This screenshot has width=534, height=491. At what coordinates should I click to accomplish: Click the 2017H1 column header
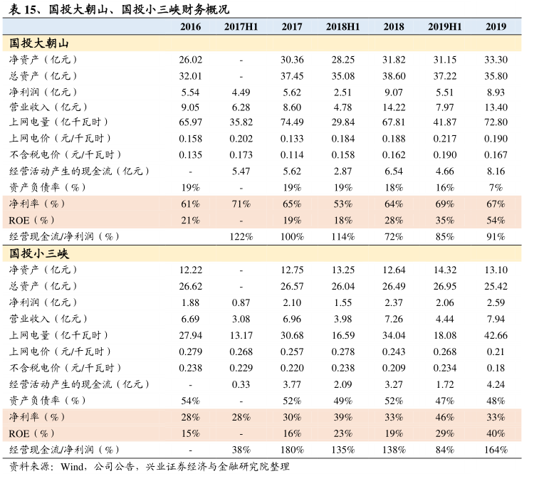point(241,26)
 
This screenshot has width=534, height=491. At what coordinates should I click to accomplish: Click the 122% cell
point(241,236)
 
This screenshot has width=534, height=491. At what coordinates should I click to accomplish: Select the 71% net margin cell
point(241,204)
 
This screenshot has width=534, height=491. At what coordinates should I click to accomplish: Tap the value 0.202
point(241,139)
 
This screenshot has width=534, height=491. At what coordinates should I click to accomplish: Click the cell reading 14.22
point(394,107)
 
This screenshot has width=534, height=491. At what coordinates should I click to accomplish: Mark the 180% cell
point(292,449)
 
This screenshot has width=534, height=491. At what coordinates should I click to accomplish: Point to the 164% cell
point(496,449)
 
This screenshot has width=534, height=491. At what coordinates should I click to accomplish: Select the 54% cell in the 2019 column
point(496,221)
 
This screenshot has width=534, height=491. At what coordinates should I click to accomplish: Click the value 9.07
point(394,92)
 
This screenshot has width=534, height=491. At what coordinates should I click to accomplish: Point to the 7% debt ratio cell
point(496,187)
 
